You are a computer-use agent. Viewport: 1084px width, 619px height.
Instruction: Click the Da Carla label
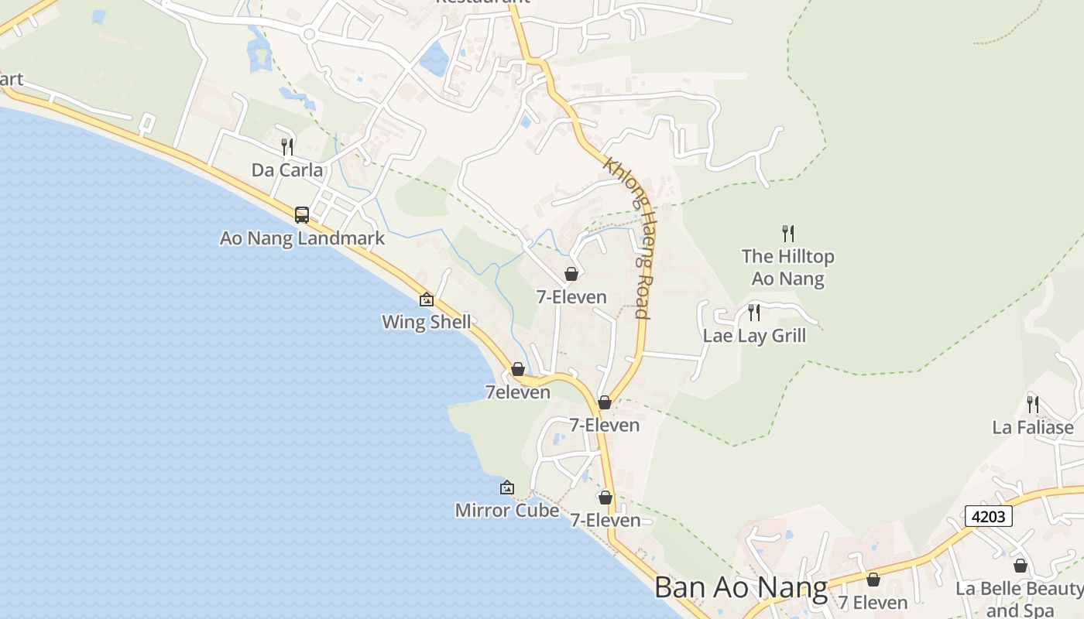click(x=287, y=169)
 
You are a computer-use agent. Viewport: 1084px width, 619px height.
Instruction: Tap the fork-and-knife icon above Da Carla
click(x=287, y=145)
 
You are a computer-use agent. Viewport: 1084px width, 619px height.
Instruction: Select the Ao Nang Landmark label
click(x=302, y=238)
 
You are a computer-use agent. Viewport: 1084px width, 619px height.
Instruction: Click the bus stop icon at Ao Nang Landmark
click(x=302, y=214)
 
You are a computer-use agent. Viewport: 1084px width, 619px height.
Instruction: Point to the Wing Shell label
click(x=427, y=322)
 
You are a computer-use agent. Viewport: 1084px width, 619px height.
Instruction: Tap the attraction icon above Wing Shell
click(x=427, y=299)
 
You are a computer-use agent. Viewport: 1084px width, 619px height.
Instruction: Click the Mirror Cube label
click(x=507, y=511)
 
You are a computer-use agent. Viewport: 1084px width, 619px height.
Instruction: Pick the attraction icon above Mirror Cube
click(x=507, y=487)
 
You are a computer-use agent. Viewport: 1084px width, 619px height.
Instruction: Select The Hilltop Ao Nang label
click(x=788, y=267)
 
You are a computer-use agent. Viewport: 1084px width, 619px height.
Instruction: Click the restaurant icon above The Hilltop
click(x=788, y=232)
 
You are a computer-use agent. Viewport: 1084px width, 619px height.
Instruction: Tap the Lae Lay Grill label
click(x=754, y=335)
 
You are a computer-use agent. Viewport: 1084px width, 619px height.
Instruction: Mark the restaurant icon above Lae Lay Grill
click(x=754, y=313)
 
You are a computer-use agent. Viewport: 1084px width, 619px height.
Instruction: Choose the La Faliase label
click(x=1033, y=427)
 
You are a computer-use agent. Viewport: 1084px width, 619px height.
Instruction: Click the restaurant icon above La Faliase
click(x=1033, y=403)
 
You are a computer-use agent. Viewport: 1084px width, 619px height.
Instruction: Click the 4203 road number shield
click(x=989, y=516)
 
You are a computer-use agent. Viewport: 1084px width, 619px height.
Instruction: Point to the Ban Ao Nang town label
click(x=741, y=587)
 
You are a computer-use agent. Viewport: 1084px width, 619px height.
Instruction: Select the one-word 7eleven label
click(x=518, y=392)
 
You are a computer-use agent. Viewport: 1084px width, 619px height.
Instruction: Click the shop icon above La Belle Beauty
click(x=1021, y=566)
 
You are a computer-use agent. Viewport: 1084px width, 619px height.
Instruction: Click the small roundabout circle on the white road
click(x=309, y=33)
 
